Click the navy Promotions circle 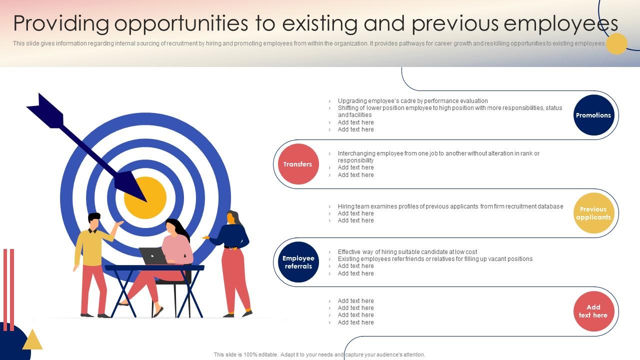point(593,115)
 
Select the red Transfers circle point(298,164)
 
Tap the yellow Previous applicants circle point(593,213)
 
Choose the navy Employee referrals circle point(298,262)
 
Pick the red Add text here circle point(593,311)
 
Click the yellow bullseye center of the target point(145,197)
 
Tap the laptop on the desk point(153,256)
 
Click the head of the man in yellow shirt point(94,221)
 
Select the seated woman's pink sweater point(177,248)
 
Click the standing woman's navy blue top point(232,235)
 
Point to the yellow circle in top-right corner point(616,43)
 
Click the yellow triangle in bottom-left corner point(32,340)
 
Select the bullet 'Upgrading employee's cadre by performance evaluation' point(412,101)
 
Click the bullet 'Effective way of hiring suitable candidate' point(407,252)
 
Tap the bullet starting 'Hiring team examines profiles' point(450,206)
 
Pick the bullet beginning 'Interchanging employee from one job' point(438,153)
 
